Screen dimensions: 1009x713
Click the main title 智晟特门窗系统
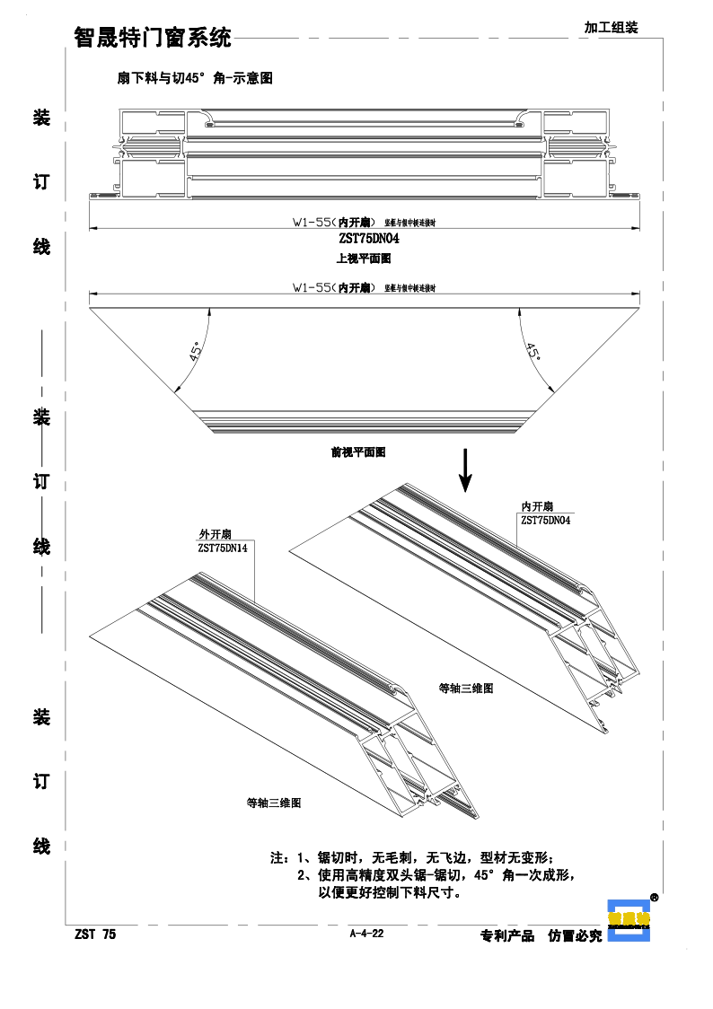click(x=152, y=38)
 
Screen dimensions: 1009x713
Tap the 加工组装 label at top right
click(x=611, y=28)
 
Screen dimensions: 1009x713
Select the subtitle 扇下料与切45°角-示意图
click(x=195, y=79)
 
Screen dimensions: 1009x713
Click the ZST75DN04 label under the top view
click(x=369, y=240)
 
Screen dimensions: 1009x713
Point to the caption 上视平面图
click(x=364, y=259)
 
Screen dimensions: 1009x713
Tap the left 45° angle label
click(x=196, y=349)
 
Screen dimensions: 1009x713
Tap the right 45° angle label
click(x=533, y=351)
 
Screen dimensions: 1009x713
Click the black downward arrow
click(x=465, y=470)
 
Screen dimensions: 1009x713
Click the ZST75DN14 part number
click(x=224, y=547)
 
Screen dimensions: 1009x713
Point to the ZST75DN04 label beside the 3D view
click(x=546, y=520)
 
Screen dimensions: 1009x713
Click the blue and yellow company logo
click(x=628, y=919)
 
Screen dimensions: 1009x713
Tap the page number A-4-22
click(x=366, y=934)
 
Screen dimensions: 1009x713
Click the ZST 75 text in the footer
click(x=95, y=934)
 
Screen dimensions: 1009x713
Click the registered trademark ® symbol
click(x=655, y=897)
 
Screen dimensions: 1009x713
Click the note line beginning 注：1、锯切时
click(x=418, y=857)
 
